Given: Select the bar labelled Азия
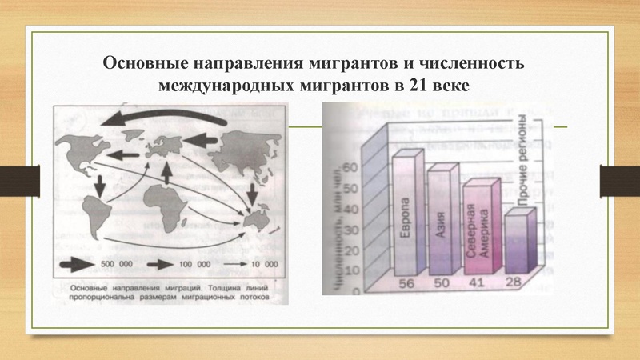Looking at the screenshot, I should pos(440,220).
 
